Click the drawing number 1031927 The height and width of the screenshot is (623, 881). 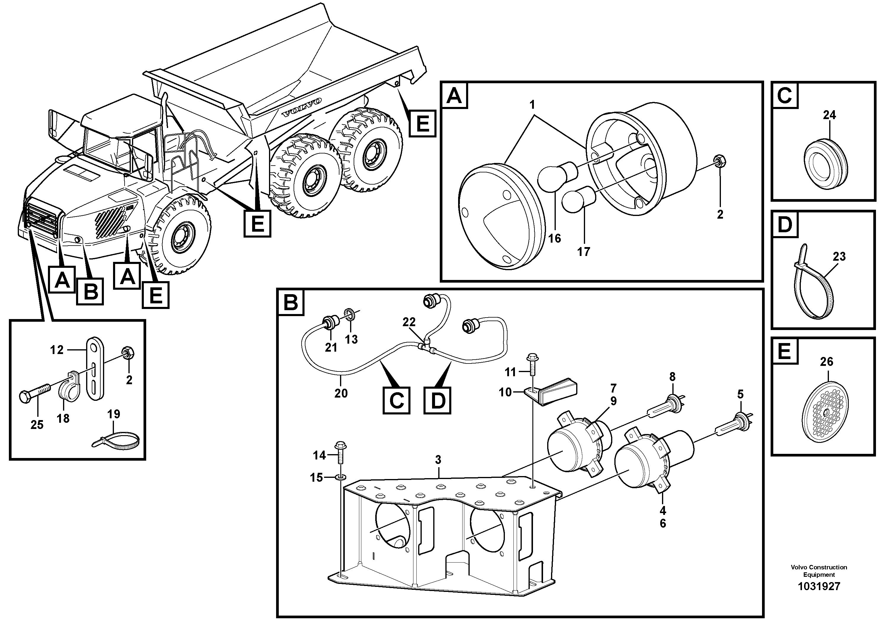(819, 587)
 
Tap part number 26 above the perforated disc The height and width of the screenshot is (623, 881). (827, 361)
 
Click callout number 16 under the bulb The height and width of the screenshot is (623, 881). (554, 238)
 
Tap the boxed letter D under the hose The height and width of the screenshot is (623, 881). (437, 401)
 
